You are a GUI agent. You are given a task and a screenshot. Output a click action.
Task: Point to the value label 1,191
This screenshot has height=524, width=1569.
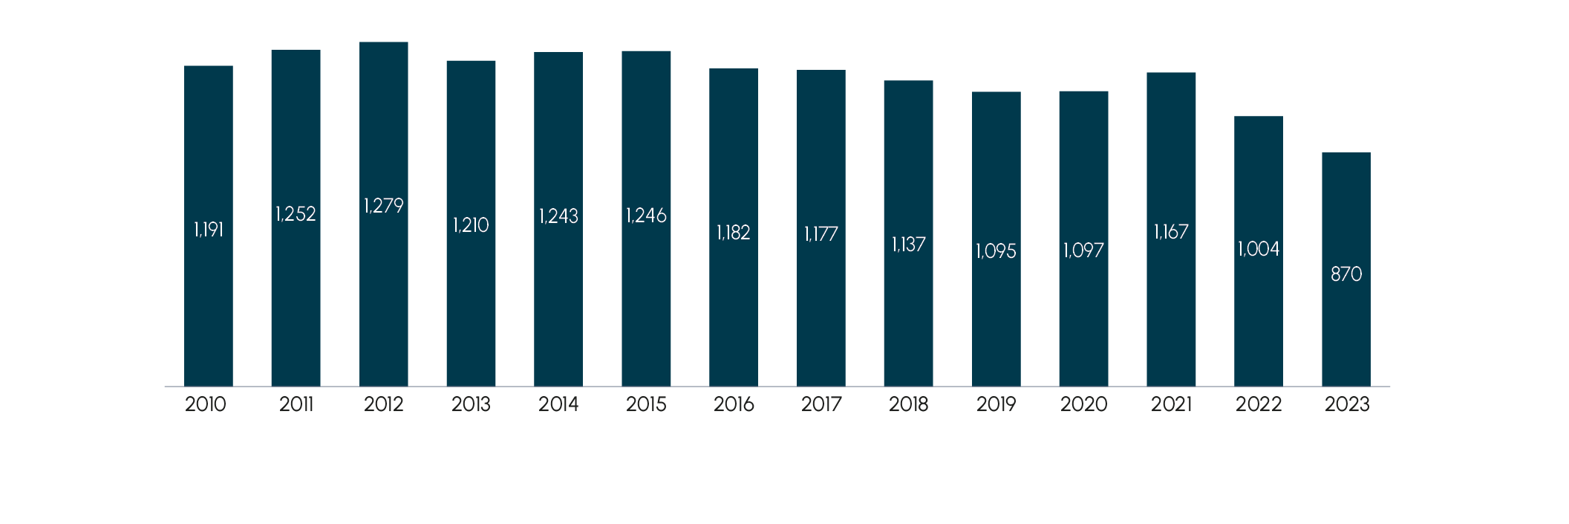tap(209, 230)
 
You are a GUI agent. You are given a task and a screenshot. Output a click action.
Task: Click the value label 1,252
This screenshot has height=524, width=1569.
tap(296, 214)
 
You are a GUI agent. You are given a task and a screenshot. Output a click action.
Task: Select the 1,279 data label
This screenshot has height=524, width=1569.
tap(384, 206)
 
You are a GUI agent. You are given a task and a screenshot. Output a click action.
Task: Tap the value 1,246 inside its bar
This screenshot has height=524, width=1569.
tap(646, 216)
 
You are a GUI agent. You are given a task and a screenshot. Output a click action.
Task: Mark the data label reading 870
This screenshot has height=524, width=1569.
tap(1346, 274)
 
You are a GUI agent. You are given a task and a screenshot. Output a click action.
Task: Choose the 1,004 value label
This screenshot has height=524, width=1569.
tap(1259, 249)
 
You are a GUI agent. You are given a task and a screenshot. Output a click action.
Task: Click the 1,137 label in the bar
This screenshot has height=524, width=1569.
tap(908, 245)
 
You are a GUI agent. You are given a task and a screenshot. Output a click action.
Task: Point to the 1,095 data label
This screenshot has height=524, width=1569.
tap(996, 251)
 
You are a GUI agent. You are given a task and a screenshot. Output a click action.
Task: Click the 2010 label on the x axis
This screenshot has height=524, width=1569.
tap(206, 404)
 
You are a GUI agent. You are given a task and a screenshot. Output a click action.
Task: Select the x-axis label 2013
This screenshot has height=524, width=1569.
tap(471, 404)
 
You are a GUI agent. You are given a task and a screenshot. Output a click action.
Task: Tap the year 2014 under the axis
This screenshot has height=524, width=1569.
tap(558, 404)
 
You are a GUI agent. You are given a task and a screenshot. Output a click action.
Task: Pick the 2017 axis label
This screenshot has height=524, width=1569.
tap(821, 404)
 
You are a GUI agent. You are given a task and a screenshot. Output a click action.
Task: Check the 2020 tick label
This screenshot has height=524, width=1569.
tap(1083, 404)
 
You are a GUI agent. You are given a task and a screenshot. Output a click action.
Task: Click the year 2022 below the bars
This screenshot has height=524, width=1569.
tap(1259, 404)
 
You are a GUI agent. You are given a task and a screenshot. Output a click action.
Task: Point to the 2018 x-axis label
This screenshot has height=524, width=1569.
tap(908, 404)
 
